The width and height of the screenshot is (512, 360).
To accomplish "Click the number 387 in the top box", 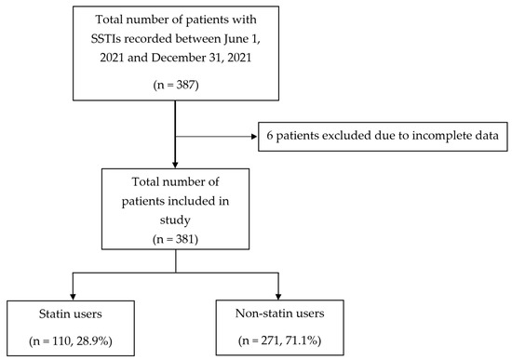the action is (x=186, y=85).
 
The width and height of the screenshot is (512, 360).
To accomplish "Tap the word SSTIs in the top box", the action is (x=105, y=39).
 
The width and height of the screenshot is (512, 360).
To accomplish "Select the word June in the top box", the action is (x=236, y=39).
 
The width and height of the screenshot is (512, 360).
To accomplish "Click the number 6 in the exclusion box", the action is (x=269, y=136).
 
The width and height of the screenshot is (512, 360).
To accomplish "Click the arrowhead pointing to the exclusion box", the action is (x=254, y=137).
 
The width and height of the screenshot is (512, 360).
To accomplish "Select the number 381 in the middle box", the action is (x=185, y=240).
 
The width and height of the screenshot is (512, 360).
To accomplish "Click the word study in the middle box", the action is (x=175, y=220).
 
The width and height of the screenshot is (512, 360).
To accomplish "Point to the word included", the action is (x=192, y=201).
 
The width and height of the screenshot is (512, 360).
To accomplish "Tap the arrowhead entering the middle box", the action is (x=175, y=165).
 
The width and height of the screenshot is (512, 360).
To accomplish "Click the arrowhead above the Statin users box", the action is (x=73, y=296).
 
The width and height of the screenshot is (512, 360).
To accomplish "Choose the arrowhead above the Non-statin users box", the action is (x=278, y=296).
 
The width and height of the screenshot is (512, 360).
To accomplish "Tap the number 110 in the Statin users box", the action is (x=63, y=341).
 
